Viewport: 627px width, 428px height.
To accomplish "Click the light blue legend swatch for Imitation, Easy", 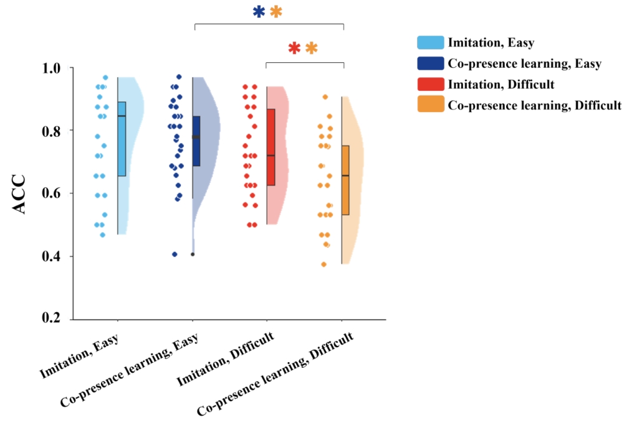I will point(430,42).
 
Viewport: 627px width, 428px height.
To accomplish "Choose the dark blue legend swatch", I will point(430,63).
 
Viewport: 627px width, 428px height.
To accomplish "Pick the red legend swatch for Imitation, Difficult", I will point(430,83).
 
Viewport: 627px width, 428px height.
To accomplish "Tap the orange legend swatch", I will point(430,104).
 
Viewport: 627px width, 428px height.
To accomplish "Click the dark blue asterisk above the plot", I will point(259,12).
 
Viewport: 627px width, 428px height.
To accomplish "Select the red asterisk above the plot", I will point(294,48).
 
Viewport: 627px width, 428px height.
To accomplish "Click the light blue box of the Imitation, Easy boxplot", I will point(122,139).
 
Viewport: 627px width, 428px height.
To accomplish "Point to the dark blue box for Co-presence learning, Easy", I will point(196,141).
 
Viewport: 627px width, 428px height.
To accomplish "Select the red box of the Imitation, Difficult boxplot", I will point(270,147).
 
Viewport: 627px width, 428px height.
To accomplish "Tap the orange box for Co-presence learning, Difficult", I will point(345,180).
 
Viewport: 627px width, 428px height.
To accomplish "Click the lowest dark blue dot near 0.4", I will point(175,254).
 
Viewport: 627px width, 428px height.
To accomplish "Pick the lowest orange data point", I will point(323,264).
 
